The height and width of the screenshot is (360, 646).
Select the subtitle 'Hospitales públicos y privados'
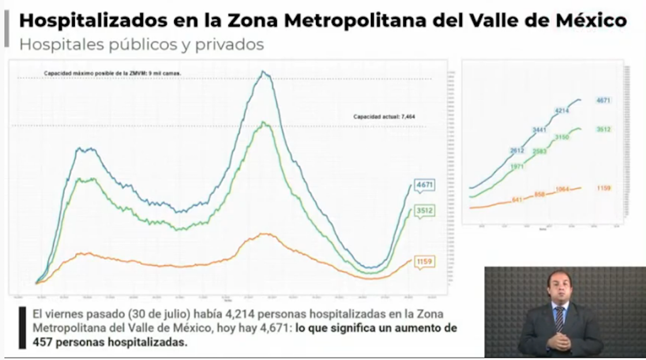(141, 44)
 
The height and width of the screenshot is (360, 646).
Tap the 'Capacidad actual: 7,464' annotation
(384, 117)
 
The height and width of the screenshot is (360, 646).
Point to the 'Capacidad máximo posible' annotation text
(113, 74)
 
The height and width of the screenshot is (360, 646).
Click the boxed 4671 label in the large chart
(425, 186)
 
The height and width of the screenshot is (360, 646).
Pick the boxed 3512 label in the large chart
(425, 211)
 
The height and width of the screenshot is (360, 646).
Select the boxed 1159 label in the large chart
(424, 262)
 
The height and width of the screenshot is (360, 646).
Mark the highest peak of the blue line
(264, 72)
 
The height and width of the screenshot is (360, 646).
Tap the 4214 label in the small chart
(562, 111)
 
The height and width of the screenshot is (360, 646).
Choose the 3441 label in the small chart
(539, 130)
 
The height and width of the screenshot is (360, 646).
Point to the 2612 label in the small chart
(517, 151)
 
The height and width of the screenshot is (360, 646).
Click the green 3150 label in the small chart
(562, 137)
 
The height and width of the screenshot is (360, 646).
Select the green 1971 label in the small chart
(517, 166)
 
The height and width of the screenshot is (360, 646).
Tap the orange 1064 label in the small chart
(562, 189)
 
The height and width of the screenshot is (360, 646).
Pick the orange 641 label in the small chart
(517, 200)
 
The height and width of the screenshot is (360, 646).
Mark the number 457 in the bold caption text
(44, 342)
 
